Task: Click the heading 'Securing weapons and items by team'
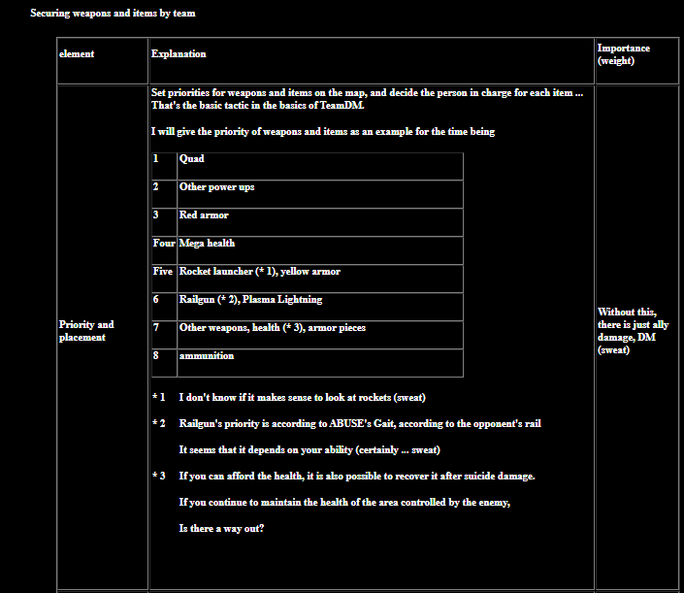[x=113, y=14]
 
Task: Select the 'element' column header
[x=77, y=54]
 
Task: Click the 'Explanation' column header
[x=179, y=54]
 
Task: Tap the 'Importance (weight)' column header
[x=624, y=54]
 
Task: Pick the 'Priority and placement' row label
[x=86, y=331]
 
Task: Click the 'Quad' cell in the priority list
[x=192, y=159]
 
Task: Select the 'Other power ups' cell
[x=217, y=187]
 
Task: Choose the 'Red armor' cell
[x=204, y=215]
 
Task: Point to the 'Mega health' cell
[x=207, y=244]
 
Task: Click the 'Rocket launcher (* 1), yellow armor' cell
[x=259, y=272]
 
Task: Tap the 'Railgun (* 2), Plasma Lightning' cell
[x=250, y=300]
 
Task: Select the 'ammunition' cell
[x=207, y=356]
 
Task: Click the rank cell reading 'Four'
[x=164, y=244]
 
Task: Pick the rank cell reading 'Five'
[x=163, y=272]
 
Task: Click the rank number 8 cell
[x=156, y=356]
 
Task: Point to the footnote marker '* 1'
[x=159, y=398]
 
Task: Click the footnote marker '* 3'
[x=159, y=477]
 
